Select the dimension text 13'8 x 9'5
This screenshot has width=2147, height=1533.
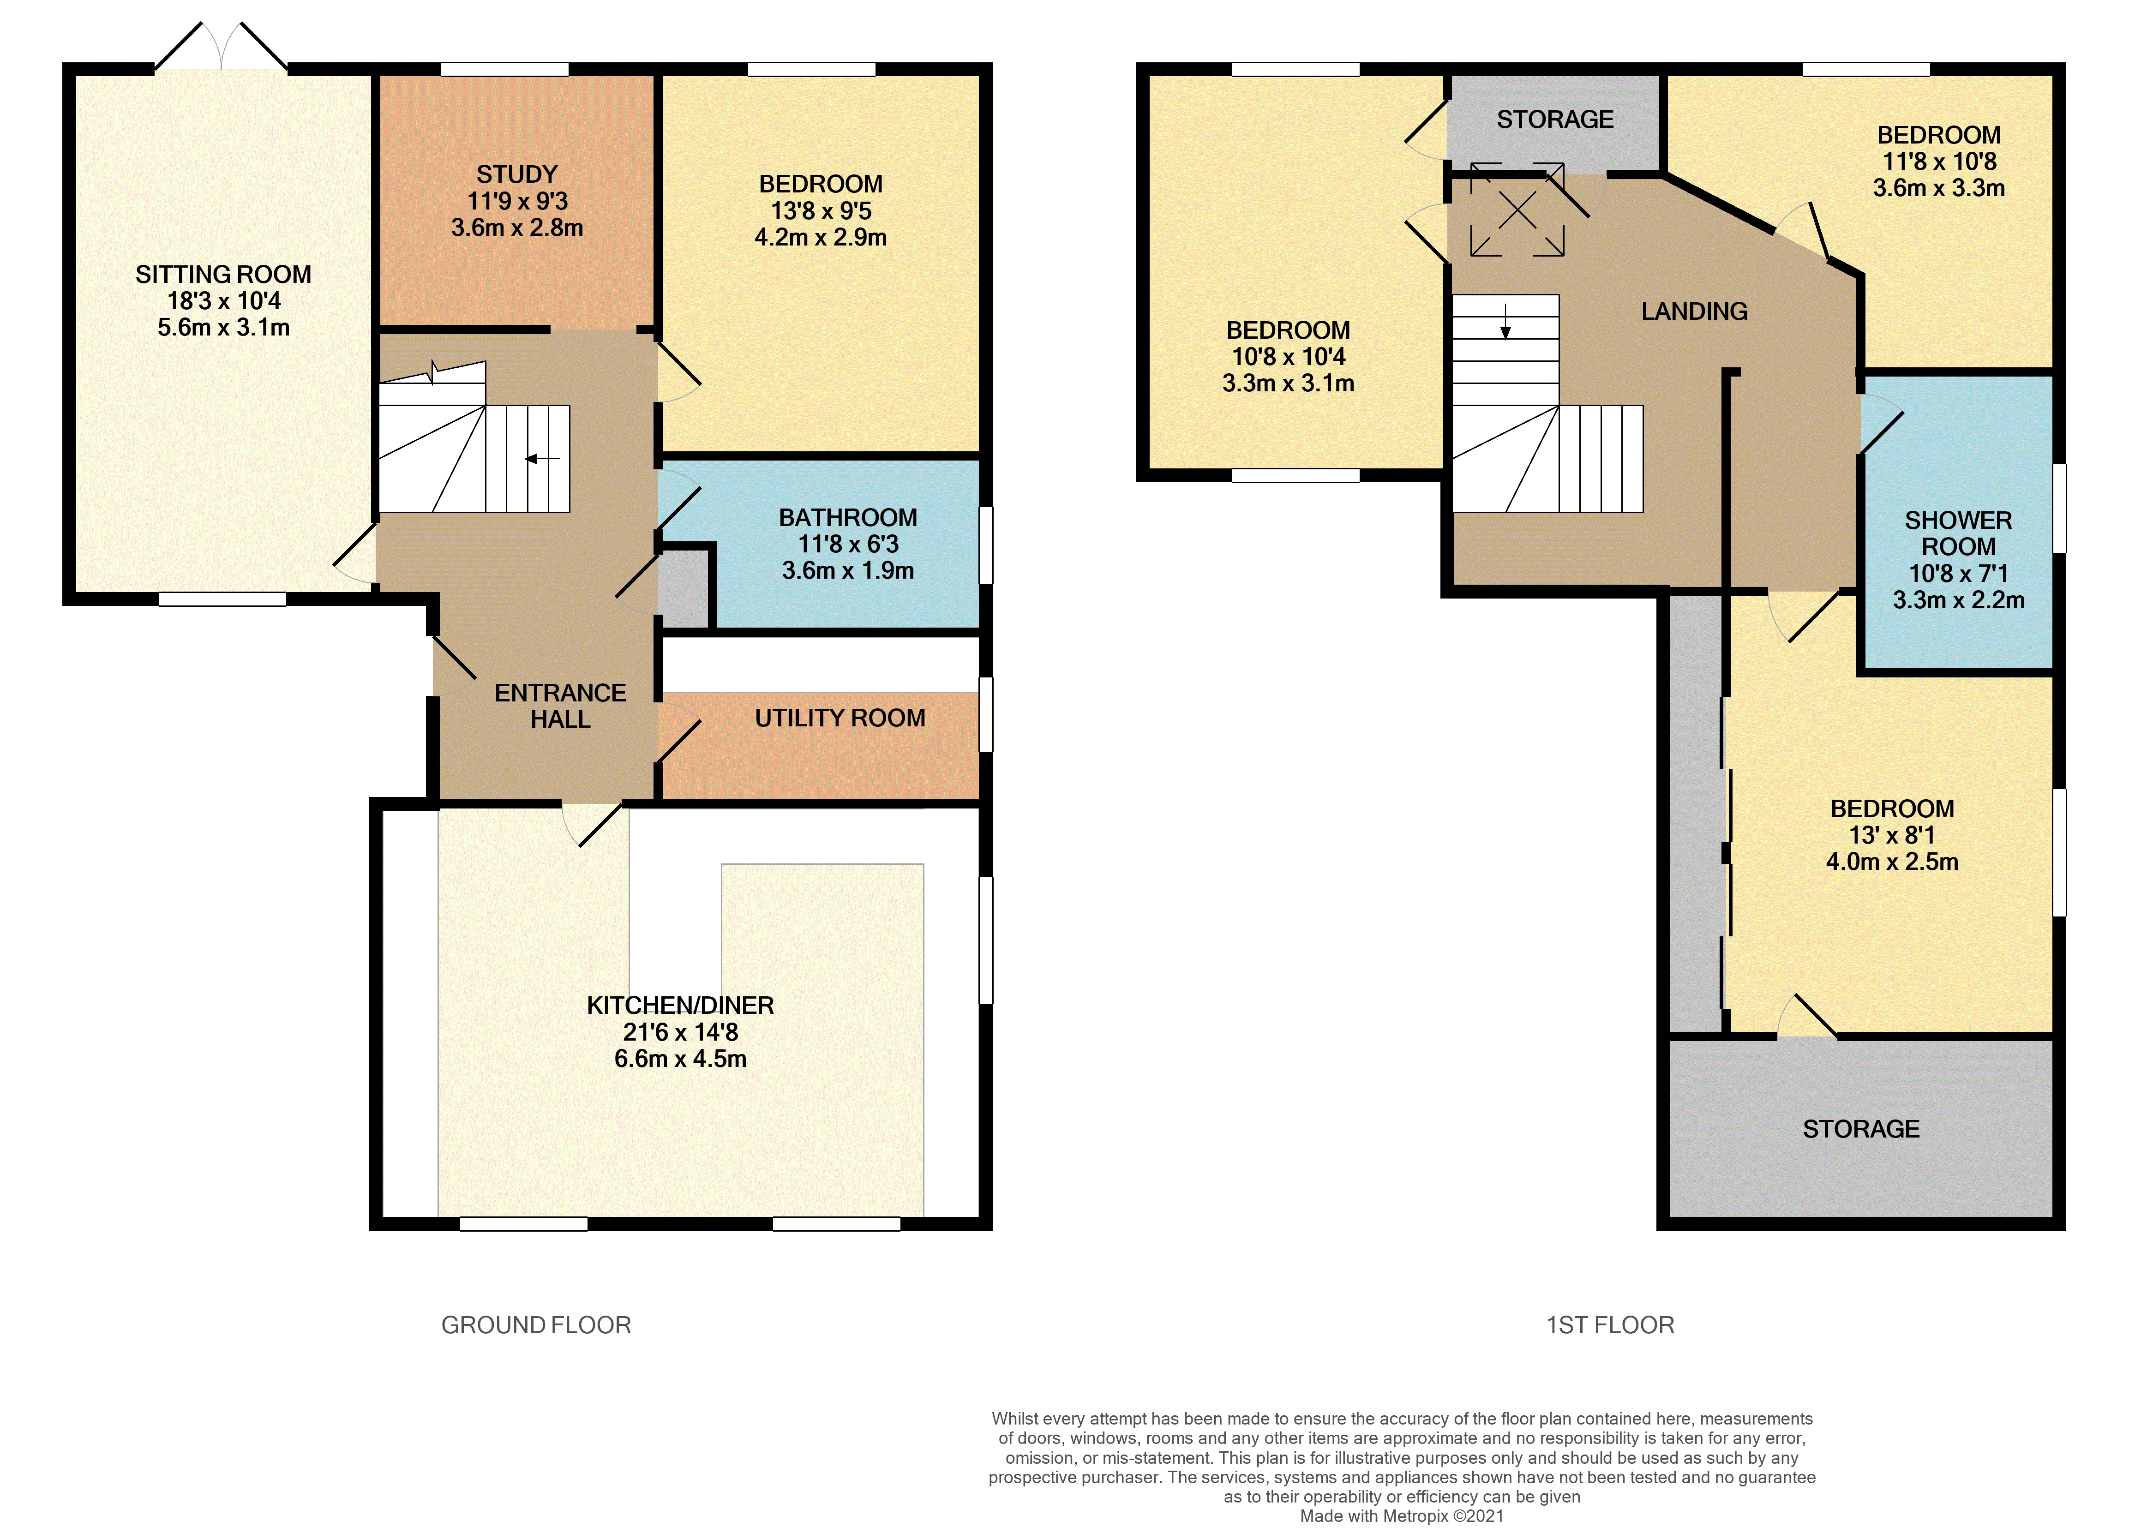tap(821, 210)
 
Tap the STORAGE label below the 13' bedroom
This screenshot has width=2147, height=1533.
tap(1861, 1129)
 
